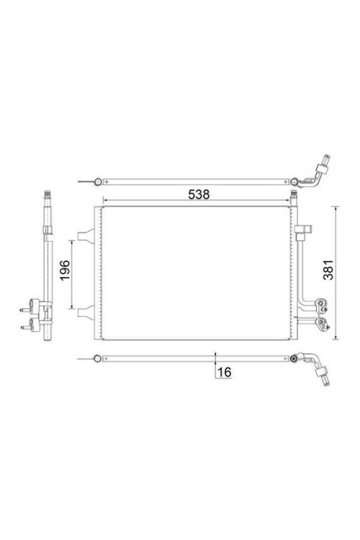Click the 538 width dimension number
199,194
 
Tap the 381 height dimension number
328,269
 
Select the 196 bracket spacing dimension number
65,270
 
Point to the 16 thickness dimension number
224,372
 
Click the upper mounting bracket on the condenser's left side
85,235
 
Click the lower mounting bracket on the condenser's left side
85,312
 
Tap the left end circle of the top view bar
97,181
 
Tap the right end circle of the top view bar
294,181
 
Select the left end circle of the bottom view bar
97,359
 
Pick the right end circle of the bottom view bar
294,359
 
